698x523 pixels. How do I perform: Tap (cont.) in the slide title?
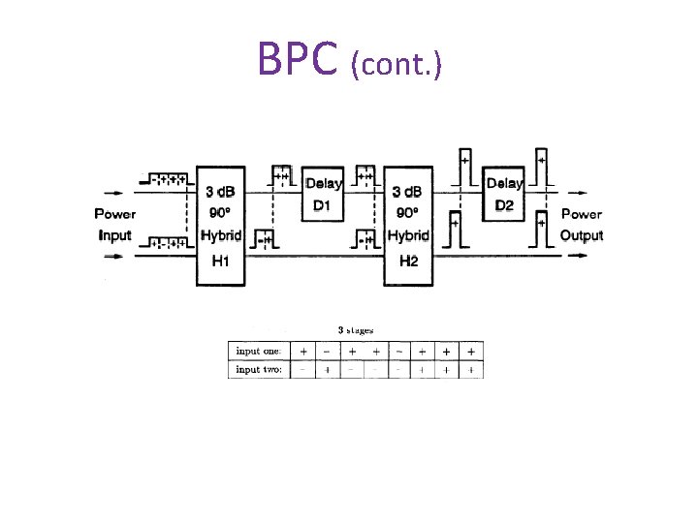tap(397, 64)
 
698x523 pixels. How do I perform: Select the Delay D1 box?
tap(324, 196)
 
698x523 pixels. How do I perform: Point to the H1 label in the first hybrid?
tap(222, 260)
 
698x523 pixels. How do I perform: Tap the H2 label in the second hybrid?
tap(408, 261)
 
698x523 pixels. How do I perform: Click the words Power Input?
tap(115, 224)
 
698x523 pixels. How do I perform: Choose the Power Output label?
tap(581, 224)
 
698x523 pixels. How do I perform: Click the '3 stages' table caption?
tap(355, 330)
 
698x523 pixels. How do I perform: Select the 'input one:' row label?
tap(259, 350)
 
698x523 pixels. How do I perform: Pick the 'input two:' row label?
tap(259, 369)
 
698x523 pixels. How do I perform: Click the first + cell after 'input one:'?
tap(304, 350)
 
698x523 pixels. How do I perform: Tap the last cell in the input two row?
tap(470, 369)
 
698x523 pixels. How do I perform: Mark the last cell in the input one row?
tap(470, 350)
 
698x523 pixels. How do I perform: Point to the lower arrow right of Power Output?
tap(579, 256)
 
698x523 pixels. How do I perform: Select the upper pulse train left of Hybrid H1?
tap(163, 179)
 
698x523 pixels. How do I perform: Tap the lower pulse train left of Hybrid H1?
tap(163, 242)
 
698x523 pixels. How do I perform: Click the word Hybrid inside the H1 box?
tap(221, 235)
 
